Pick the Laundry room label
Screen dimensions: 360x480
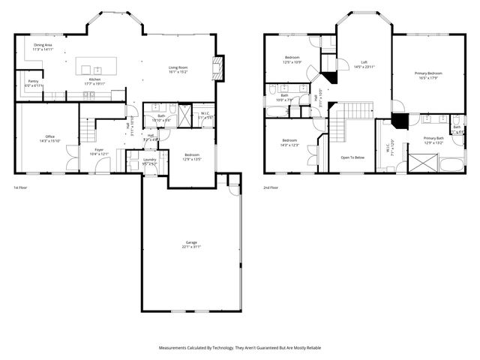click(149, 162)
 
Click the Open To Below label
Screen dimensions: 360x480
click(352, 157)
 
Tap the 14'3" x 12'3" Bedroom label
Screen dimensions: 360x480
click(290, 142)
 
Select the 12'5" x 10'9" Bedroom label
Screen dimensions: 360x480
click(292, 59)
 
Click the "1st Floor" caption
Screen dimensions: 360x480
click(21, 187)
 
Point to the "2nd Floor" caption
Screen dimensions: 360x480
click(271, 187)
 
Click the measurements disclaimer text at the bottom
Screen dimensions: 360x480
click(240, 348)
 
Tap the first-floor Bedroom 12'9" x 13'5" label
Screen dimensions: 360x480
click(193, 157)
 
